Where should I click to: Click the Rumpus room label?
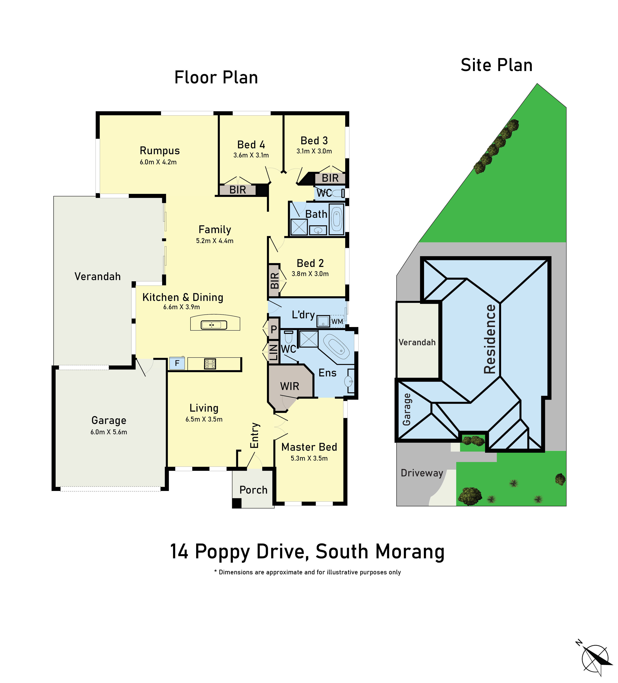click(x=160, y=151)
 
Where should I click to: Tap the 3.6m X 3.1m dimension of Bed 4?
click(x=251, y=155)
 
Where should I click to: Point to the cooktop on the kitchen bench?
click(x=210, y=364)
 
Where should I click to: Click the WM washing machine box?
click(x=337, y=321)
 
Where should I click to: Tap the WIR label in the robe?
click(x=290, y=386)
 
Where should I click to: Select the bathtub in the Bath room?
click(x=336, y=219)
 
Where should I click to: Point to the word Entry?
click(x=255, y=435)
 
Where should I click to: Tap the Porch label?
click(x=253, y=490)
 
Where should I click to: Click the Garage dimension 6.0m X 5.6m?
click(x=109, y=432)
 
